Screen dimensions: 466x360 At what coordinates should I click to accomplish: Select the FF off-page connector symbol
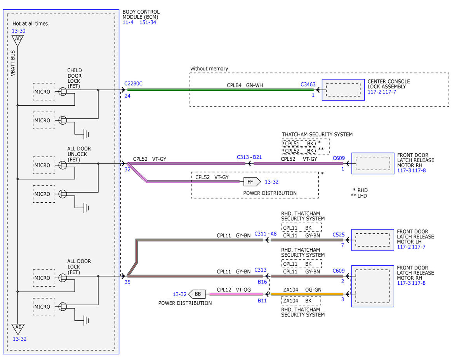pos(252,182)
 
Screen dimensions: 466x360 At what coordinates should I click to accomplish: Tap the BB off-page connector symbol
pos(197,294)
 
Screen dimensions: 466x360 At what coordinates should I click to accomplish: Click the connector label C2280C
pos(133,83)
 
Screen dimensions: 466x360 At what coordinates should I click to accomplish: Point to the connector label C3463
pos(308,85)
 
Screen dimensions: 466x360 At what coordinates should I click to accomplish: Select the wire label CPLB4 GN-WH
pos(245,85)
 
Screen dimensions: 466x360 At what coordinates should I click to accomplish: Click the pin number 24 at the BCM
pos(127,96)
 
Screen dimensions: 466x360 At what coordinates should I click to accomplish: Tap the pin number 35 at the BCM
pos(127,282)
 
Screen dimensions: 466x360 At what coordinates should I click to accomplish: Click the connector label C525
pos(338,235)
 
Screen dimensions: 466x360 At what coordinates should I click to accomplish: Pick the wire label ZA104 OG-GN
pos(302,290)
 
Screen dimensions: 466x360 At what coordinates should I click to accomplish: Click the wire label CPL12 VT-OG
pos(234,290)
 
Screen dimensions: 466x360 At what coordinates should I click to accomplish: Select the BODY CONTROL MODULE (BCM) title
pos(141,14)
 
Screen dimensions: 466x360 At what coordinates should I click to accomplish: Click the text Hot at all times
pos(30,24)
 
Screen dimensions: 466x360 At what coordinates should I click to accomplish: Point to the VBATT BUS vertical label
pos(13,63)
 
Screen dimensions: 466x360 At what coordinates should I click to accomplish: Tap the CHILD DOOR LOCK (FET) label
pos(75,78)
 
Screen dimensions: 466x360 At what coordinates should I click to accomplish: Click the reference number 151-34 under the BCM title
pos(148,22)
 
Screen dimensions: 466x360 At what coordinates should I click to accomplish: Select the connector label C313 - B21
pos(249,157)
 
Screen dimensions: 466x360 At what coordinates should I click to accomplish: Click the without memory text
pos(209,69)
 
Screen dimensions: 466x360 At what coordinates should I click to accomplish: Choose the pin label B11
pos(262,301)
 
